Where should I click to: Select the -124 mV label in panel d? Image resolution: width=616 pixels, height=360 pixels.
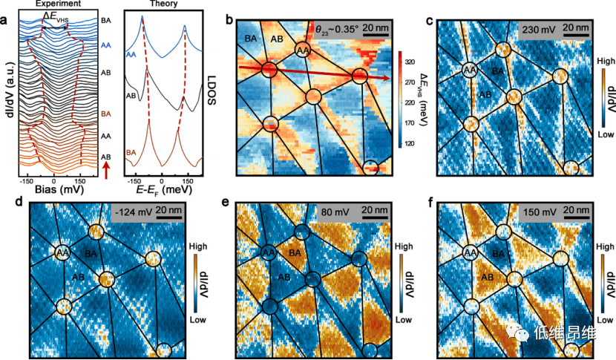click(132, 216)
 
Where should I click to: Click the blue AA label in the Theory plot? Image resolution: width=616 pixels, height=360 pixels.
click(131, 54)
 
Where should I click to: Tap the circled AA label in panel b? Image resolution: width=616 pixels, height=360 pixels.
click(302, 50)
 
